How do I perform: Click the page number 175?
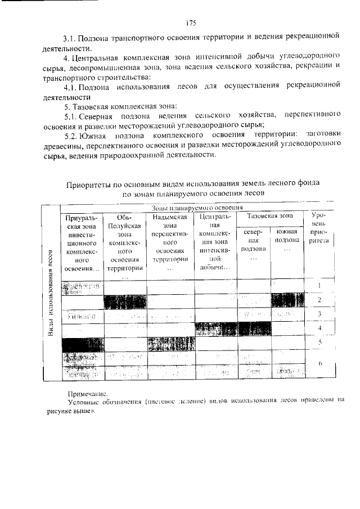(x=190, y=23)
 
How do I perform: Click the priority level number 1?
(x=319, y=286)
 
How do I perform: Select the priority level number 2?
(x=319, y=300)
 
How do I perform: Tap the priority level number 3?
(x=319, y=314)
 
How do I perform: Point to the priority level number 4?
(x=319, y=327)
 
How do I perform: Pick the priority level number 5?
(x=319, y=342)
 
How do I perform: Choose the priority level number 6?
(x=319, y=364)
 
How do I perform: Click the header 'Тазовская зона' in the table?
(x=270, y=216)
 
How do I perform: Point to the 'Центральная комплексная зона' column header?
(x=215, y=242)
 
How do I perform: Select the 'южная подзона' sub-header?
(x=287, y=240)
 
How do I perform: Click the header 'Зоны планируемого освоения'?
(x=189, y=208)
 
